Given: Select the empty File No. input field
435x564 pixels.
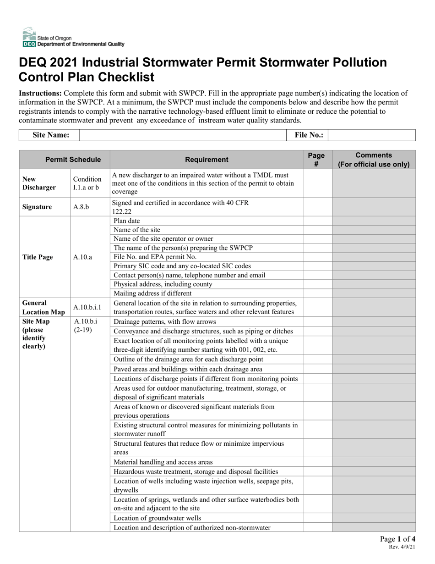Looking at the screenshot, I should [371, 135].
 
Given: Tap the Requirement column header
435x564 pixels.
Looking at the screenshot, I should [207, 160].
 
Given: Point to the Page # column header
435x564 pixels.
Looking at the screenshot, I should [318, 160].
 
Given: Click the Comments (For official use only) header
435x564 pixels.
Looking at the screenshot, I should [374, 160].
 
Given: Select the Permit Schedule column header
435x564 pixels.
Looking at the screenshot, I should [65, 160].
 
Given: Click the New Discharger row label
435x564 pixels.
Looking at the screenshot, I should [38, 183].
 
